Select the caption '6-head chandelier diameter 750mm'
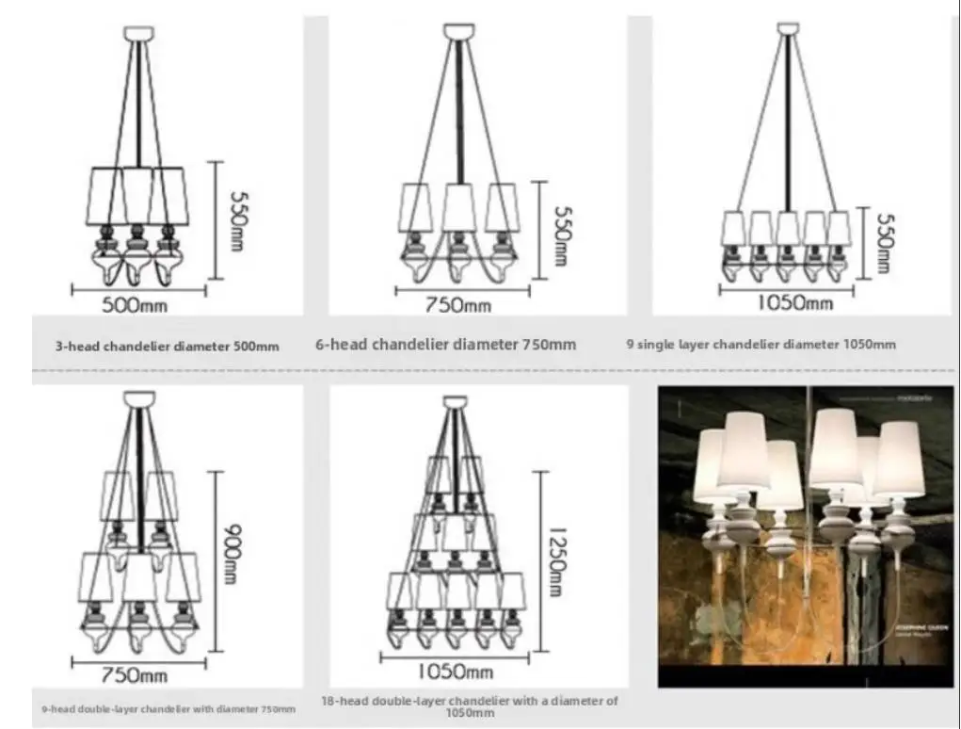tap(445, 345)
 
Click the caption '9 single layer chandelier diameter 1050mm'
tap(761, 345)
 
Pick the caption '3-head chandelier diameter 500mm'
tap(167, 346)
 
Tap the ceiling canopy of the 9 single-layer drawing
tap(788, 28)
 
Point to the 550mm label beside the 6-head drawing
tap(561, 235)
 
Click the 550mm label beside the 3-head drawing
tap(239, 220)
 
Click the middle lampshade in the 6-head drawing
tap(458, 207)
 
